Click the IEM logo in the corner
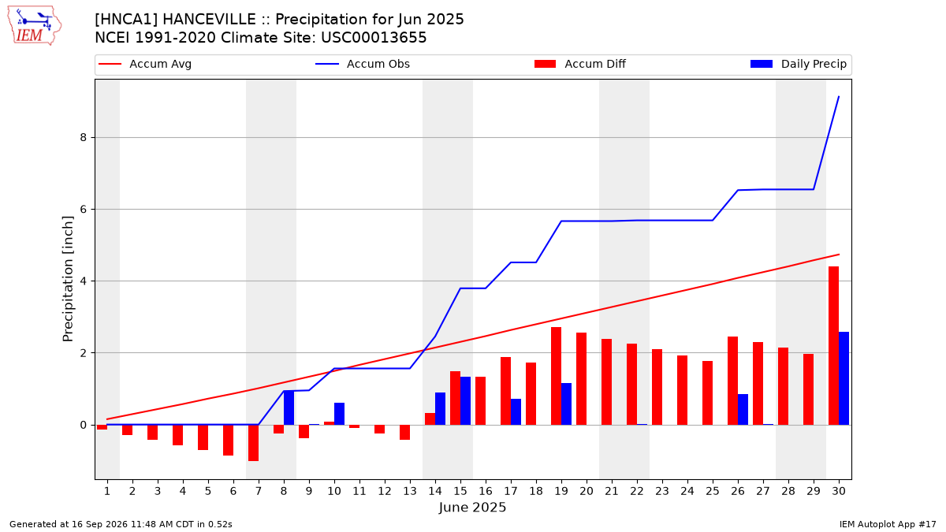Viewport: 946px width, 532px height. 35,26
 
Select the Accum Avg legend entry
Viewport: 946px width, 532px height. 145,64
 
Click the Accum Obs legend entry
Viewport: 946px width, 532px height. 363,64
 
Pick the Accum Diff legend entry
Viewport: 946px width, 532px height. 580,64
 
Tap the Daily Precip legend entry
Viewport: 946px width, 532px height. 798,64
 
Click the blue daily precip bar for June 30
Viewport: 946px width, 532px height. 844,378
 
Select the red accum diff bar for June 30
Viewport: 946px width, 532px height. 834,345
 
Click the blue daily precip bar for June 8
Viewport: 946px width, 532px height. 289,408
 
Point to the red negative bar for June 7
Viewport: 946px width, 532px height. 253,443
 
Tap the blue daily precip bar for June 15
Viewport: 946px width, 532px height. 465,400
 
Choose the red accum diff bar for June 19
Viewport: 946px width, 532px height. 557,376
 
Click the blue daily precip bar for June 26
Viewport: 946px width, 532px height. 743,410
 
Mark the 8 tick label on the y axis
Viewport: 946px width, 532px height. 84,138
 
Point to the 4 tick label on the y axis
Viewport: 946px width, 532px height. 84,281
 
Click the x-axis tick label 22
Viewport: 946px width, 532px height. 637,492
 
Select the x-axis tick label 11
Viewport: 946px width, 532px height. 359,492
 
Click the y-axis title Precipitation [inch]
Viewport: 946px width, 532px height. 68,279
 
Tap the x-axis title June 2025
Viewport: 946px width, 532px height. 472,508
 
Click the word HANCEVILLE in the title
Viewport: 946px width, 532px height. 209,20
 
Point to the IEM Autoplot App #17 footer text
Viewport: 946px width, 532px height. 888,524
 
